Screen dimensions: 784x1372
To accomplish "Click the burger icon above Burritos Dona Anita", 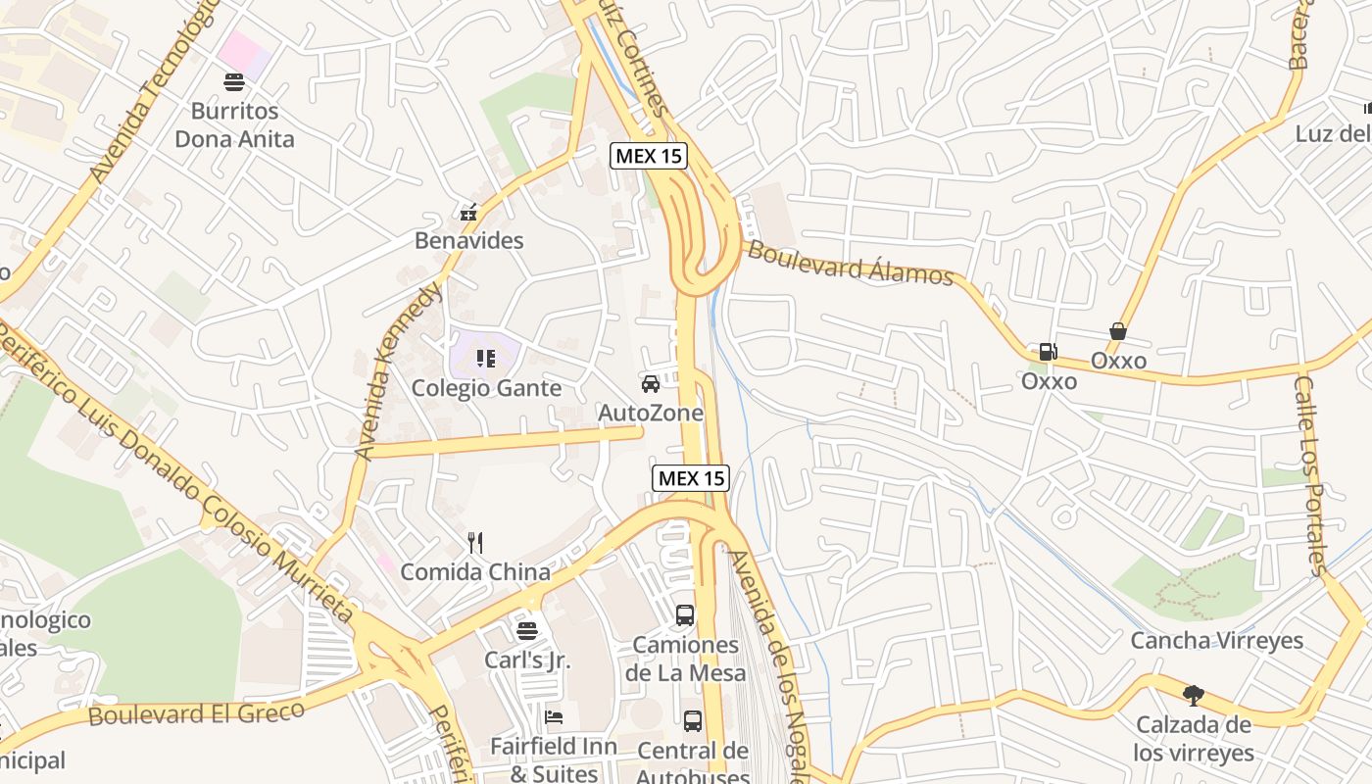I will coord(233,82).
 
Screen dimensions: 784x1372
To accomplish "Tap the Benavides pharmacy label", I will coord(468,240).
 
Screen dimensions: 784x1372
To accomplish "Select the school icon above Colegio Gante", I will coord(485,359).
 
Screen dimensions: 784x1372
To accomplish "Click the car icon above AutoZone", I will coord(651,383).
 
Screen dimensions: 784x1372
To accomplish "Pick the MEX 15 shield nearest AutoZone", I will coord(691,478).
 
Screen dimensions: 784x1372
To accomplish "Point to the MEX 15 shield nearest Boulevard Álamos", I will coord(649,156).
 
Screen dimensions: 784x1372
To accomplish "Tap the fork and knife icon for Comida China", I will coord(475,542).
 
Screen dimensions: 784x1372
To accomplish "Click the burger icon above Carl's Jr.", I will coord(527,630).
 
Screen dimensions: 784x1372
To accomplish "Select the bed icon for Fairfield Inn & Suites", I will coord(554,717).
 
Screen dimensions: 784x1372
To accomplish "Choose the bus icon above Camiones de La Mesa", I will coord(685,615).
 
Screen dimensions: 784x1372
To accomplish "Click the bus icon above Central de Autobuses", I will coord(693,721).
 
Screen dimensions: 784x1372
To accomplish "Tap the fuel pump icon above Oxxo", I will coord(1048,352).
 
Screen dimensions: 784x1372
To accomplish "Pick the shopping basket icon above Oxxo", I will coord(1117,331).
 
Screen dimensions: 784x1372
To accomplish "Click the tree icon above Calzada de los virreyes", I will coord(1193,696).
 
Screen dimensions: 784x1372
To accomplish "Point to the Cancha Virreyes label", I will coord(1217,641).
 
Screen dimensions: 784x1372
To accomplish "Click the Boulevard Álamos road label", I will coord(850,263).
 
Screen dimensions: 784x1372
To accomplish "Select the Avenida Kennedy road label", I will coord(398,372).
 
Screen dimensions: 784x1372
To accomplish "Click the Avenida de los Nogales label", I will coord(770,666).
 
